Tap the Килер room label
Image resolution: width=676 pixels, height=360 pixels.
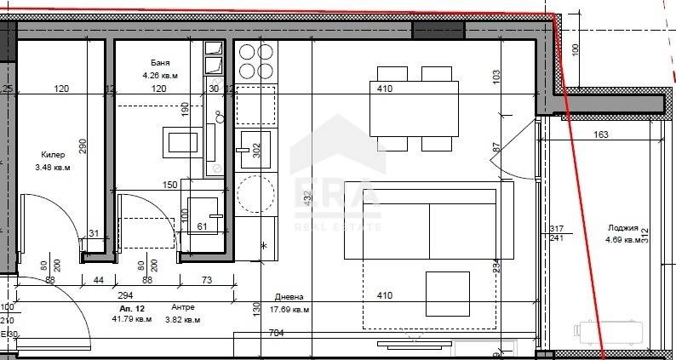[53, 155]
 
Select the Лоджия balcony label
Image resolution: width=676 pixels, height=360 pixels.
[625, 227]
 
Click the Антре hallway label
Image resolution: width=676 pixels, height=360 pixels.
[183, 307]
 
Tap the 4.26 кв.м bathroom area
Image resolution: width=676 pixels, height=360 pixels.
[159, 76]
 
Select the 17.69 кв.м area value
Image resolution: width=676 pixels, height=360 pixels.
[289, 310]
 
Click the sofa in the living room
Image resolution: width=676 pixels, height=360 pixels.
[420, 224]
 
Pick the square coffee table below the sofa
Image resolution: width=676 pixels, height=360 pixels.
[447, 294]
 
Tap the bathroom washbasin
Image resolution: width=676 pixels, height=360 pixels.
[184, 141]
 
